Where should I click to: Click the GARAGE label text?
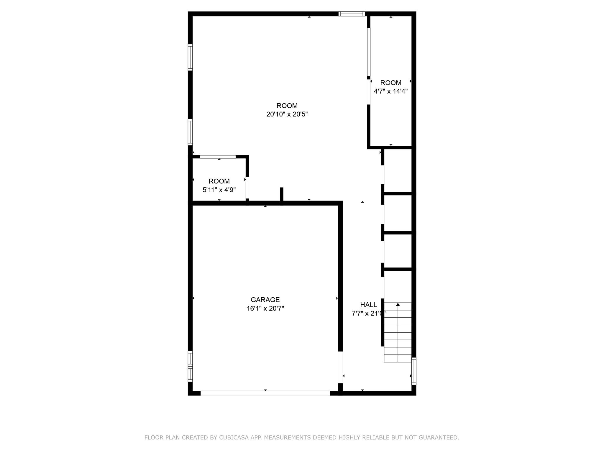(265, 300)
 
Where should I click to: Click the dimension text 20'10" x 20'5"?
(287, 114)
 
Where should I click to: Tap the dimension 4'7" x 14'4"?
(390, 91)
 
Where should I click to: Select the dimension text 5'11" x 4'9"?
(219, 190)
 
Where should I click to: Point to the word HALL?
(368, 305)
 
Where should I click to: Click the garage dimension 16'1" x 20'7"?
(265, 308)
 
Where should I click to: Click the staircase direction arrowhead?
(398, 304)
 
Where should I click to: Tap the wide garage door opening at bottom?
(265, 393)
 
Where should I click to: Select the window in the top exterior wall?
(352, 14)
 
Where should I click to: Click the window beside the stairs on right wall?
(414, 371)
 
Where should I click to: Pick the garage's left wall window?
(190, 366)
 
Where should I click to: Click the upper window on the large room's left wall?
(190, 57)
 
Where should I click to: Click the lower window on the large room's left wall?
(190, 132)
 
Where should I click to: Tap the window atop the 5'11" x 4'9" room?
(218, 157)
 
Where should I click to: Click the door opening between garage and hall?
(340, 367)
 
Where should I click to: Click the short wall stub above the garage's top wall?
(282, 195)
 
